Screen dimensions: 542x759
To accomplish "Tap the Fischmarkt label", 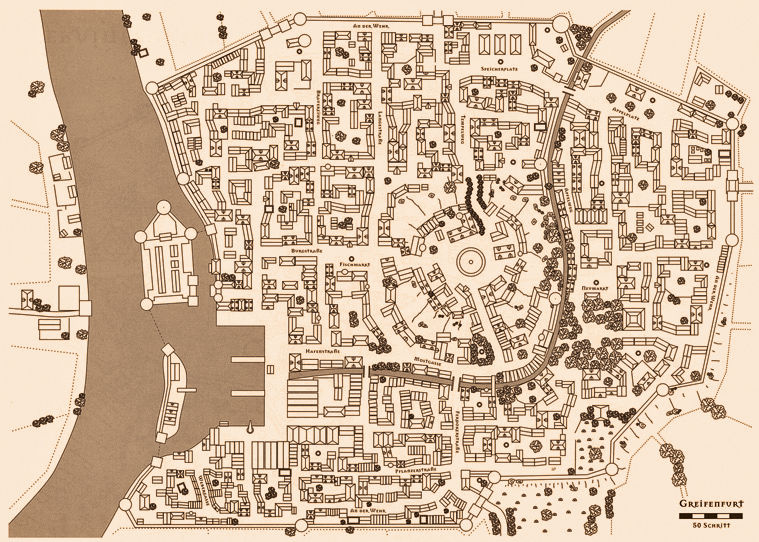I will pyautogui.click(x=356, y=264).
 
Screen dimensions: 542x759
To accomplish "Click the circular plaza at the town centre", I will pyautogui.click(x=472, y=264).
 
